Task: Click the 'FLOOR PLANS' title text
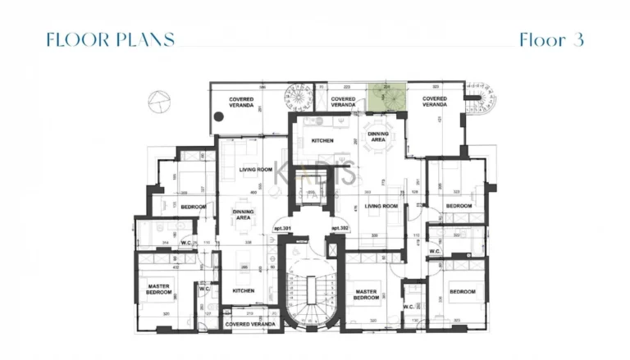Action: pos(110,39)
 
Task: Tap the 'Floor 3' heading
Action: pos(551,39)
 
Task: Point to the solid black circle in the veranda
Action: pos(218,117)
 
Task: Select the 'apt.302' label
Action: pos(340,228)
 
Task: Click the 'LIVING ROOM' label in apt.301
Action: pos(255,170)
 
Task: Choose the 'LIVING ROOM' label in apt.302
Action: pos(381,206)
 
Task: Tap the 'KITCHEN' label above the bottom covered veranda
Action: pos(243,291)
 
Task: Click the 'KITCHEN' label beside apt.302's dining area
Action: pos(323,141)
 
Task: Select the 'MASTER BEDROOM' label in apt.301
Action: pos(158,289)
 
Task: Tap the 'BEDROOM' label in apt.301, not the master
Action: pos(193,207)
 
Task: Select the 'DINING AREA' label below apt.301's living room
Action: pos(243,215)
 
